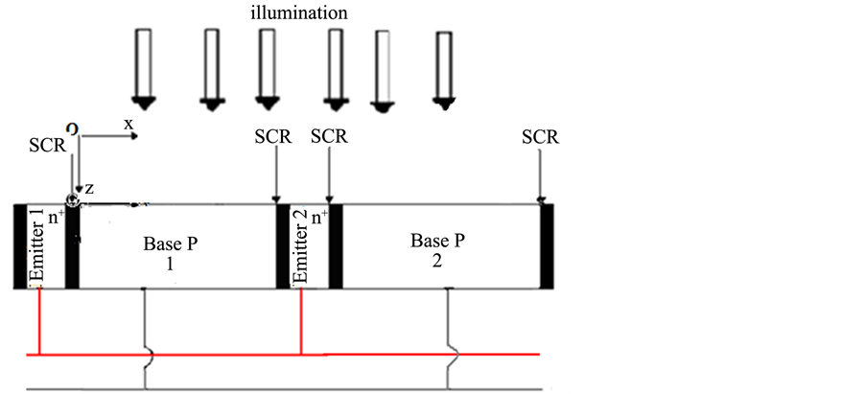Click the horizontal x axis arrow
[x=110, y=137]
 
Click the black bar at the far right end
[x=547, y=246]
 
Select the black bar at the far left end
[x=19, y=246]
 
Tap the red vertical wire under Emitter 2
[x=303, y=321]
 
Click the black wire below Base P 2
[x=449, y=336]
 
